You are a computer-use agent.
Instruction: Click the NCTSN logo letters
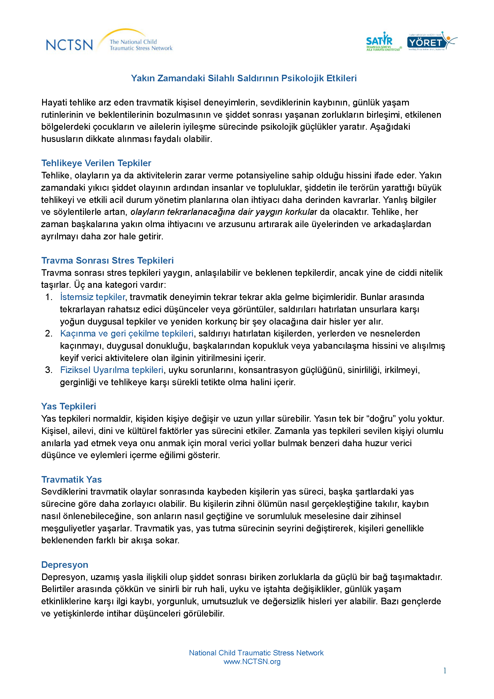click(x=69, y=45)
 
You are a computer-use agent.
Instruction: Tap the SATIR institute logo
click(x=383, y=42)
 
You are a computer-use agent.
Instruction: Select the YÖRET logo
click(x=431, y=42)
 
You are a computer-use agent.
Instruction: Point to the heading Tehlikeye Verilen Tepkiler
click(x=96, y=163)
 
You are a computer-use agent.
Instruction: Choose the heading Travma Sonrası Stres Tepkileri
click(x=108, y=261)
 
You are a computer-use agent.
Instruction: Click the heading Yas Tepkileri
click(x=68, y=406)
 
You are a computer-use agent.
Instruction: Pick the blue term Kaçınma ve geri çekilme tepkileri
click(x=127, y=334)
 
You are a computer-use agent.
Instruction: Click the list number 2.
click(x=49, y=334)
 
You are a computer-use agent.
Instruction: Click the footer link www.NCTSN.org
click(x=252, y=662)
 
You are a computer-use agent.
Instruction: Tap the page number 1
click(x=445, y=670)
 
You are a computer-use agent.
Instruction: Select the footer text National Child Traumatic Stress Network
click(x=256, y=653)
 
